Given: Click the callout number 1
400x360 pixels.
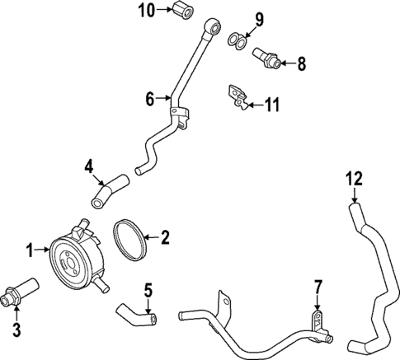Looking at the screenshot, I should click(x=30, y=249).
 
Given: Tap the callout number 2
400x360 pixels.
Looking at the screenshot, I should click(x=165, y=239).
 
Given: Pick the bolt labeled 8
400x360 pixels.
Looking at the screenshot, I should click(x=266, y=55).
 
